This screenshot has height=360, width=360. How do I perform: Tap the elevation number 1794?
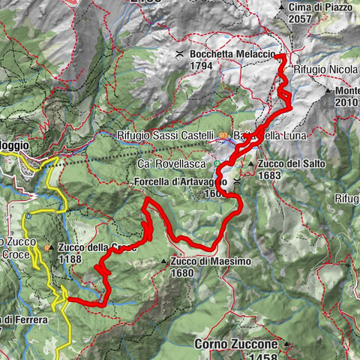[x=202, y=66]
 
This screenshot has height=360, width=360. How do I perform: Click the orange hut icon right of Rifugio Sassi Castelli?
[x=223, y=136]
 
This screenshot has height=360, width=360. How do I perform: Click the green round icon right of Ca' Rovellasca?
[x=217, y=163]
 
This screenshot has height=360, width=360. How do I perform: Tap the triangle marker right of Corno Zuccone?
[x=286, y=345]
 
